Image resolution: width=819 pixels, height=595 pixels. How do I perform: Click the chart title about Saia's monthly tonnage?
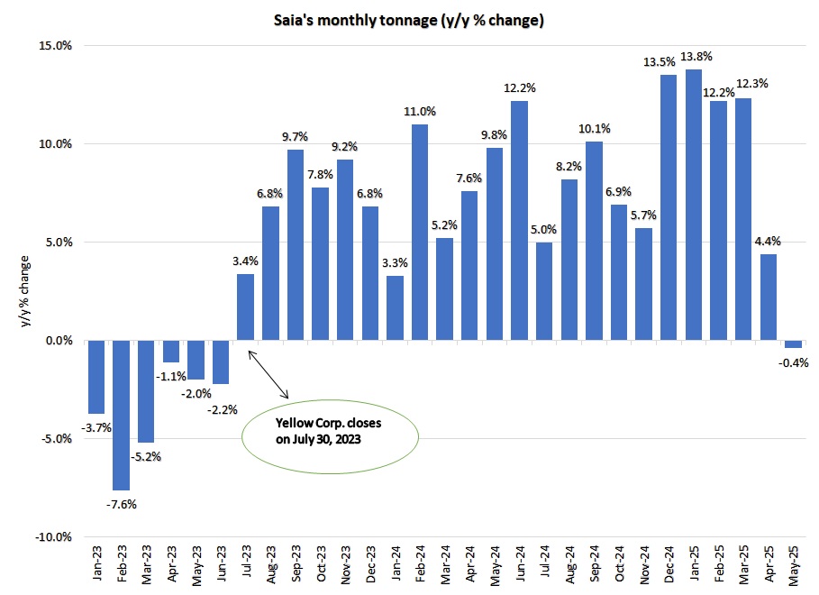(x=409, y=21)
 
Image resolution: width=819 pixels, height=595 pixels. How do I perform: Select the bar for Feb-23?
(x=121, y=415)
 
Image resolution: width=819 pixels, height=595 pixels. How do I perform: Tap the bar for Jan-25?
(x=694, y=205)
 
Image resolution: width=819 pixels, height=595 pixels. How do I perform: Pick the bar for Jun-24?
(x=519, y=221)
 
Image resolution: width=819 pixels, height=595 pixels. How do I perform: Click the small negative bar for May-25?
(x=794, y=344)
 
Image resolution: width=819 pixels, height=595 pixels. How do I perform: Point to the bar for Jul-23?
(x=245, y=307)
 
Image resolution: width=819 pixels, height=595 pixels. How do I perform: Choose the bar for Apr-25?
(x=769, y=297)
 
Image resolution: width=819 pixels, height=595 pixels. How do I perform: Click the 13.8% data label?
(x=696, y=57)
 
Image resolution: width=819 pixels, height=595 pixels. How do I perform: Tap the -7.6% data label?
(x=121, y=505)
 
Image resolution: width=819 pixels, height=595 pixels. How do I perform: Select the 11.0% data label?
(x=420, y=112)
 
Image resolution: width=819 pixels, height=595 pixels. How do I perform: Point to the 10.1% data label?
(x=595, y=129)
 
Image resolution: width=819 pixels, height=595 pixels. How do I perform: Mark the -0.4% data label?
(x=794, y=362)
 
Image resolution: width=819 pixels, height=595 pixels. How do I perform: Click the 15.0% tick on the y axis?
(x=55, y=45)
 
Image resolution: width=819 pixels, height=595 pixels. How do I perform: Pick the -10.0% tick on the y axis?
(x=53, y=537)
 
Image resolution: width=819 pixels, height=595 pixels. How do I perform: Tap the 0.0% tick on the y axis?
(x=59, y=341)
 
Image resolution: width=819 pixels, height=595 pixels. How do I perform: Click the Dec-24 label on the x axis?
(x=669, y=564)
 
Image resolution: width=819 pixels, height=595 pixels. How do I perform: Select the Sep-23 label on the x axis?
(x=296, y=564)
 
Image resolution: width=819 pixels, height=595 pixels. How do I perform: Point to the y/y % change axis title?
(x=24, y=291)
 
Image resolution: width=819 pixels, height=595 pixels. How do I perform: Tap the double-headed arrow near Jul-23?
(x=268, y=374)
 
